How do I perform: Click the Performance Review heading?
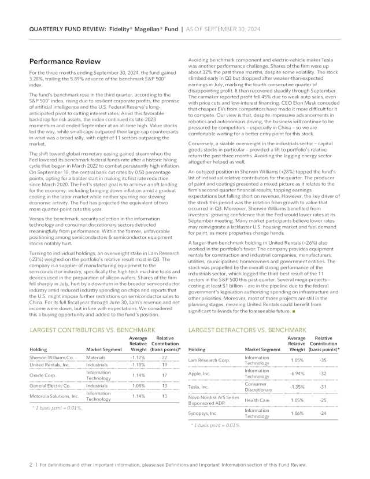click(x=65, y=61)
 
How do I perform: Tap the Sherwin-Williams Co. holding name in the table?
click(x=52, y=358)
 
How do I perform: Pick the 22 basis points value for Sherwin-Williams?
click(x=164, y=358)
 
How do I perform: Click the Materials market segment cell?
click(x=96, y=358)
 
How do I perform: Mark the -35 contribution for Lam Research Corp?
click(x=323, y=360)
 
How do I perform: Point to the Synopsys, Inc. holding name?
click(x=205, y=414)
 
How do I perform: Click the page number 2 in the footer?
click(x=31, y=465)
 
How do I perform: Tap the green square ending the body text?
click(x=294, y=312)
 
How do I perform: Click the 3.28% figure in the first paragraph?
click(x=36, y=78)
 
